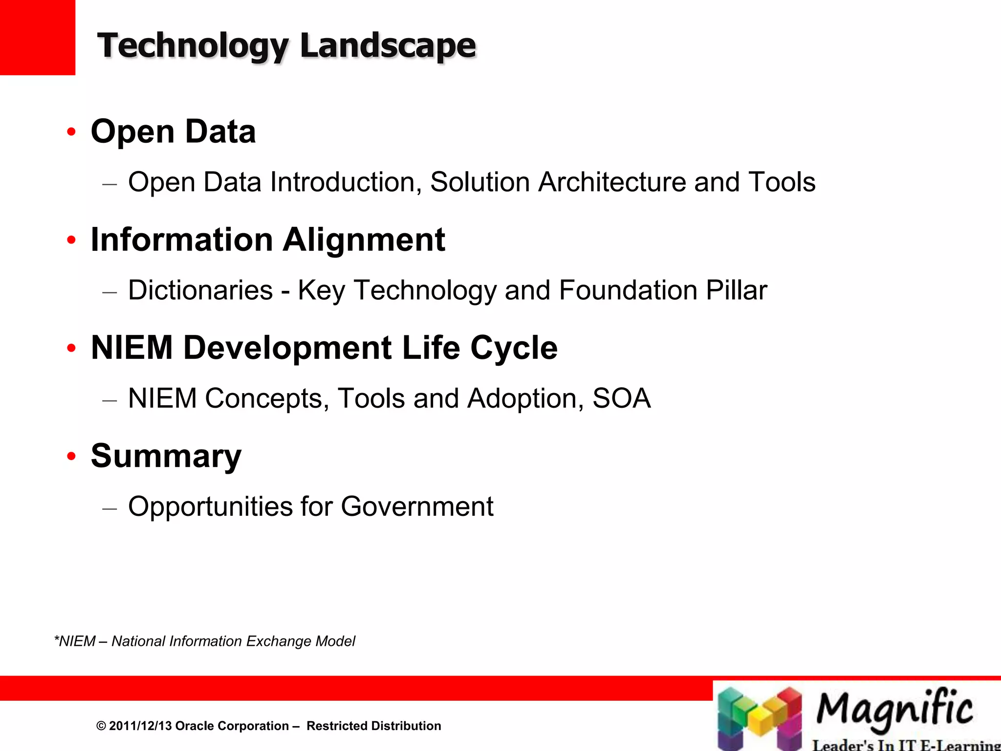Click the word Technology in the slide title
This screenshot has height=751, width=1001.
[x=193, y=45]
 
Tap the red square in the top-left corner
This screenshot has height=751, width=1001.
[x=37, y=37]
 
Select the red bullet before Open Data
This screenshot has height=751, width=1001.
[x=72, y=132]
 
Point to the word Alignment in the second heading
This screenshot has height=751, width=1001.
[x=364, y=240]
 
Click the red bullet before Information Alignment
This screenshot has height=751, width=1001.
[x=72, y=240]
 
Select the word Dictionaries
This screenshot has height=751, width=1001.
[x=200, y=290]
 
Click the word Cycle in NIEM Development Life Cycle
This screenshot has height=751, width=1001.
[x=514, y=348]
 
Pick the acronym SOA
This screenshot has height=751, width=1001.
[x=621, y=398]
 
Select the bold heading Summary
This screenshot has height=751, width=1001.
[x=166, y=456]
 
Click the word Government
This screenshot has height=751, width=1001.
[x=417, y=506]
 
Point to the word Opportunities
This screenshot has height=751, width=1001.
[x=210, y=506]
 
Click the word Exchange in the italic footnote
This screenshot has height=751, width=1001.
[x=278, y=641]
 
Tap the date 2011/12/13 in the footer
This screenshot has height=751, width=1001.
[x=140, y=726]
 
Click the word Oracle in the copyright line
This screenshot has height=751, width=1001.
[x=195, y=726]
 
